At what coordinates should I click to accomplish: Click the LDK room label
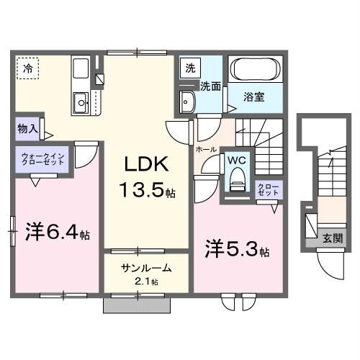148,165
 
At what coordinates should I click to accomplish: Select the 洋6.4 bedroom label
58,234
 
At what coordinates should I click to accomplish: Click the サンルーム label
146,268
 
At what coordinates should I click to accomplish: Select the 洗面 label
210,86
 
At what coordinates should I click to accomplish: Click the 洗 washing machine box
190,69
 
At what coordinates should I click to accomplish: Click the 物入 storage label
29,130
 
